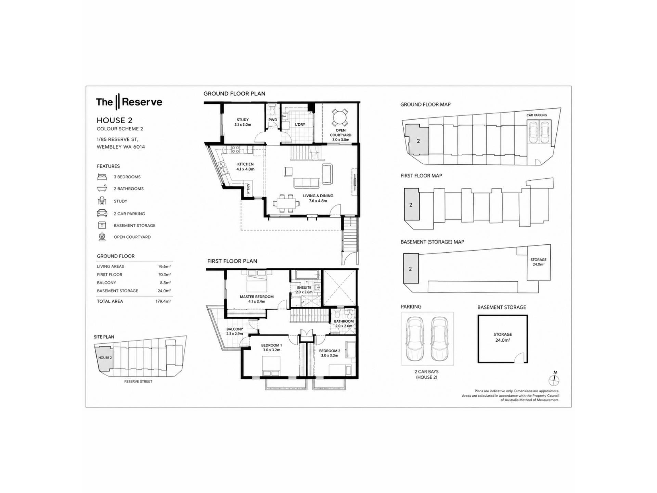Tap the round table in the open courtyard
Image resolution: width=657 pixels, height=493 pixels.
pyautogui.click(x=340, y=117)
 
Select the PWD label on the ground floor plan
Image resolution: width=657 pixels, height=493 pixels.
pyautogui.click(x=273, y=120)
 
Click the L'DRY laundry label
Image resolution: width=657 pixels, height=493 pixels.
pyautogui.click(x=300, y=125)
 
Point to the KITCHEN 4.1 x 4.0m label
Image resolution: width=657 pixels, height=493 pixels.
pyautogui.click(x=245, y=167)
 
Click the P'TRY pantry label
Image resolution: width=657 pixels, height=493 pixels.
pyautogui.click(x=248, y=188)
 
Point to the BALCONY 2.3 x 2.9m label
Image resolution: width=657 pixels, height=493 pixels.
pyautogui.click(x=234, y=331)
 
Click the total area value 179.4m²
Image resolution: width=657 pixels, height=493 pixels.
pyautogui.click(x=163, y=301)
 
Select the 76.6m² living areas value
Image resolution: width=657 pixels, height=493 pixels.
pyautogui.click(x=164, y=266)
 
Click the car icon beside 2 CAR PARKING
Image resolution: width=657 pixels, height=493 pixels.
pyautogui.click(x=102, y=213)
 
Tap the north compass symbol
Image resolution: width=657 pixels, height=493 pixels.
pyautogui.click(x=554, y=380)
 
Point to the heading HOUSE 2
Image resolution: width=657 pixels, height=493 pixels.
pyautogui.click(x=114, y=121)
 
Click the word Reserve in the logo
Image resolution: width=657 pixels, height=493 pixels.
pyautogui.click(x=142, y=102)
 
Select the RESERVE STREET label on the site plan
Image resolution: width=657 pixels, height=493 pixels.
pyautogui.click(x=138, y=381)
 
